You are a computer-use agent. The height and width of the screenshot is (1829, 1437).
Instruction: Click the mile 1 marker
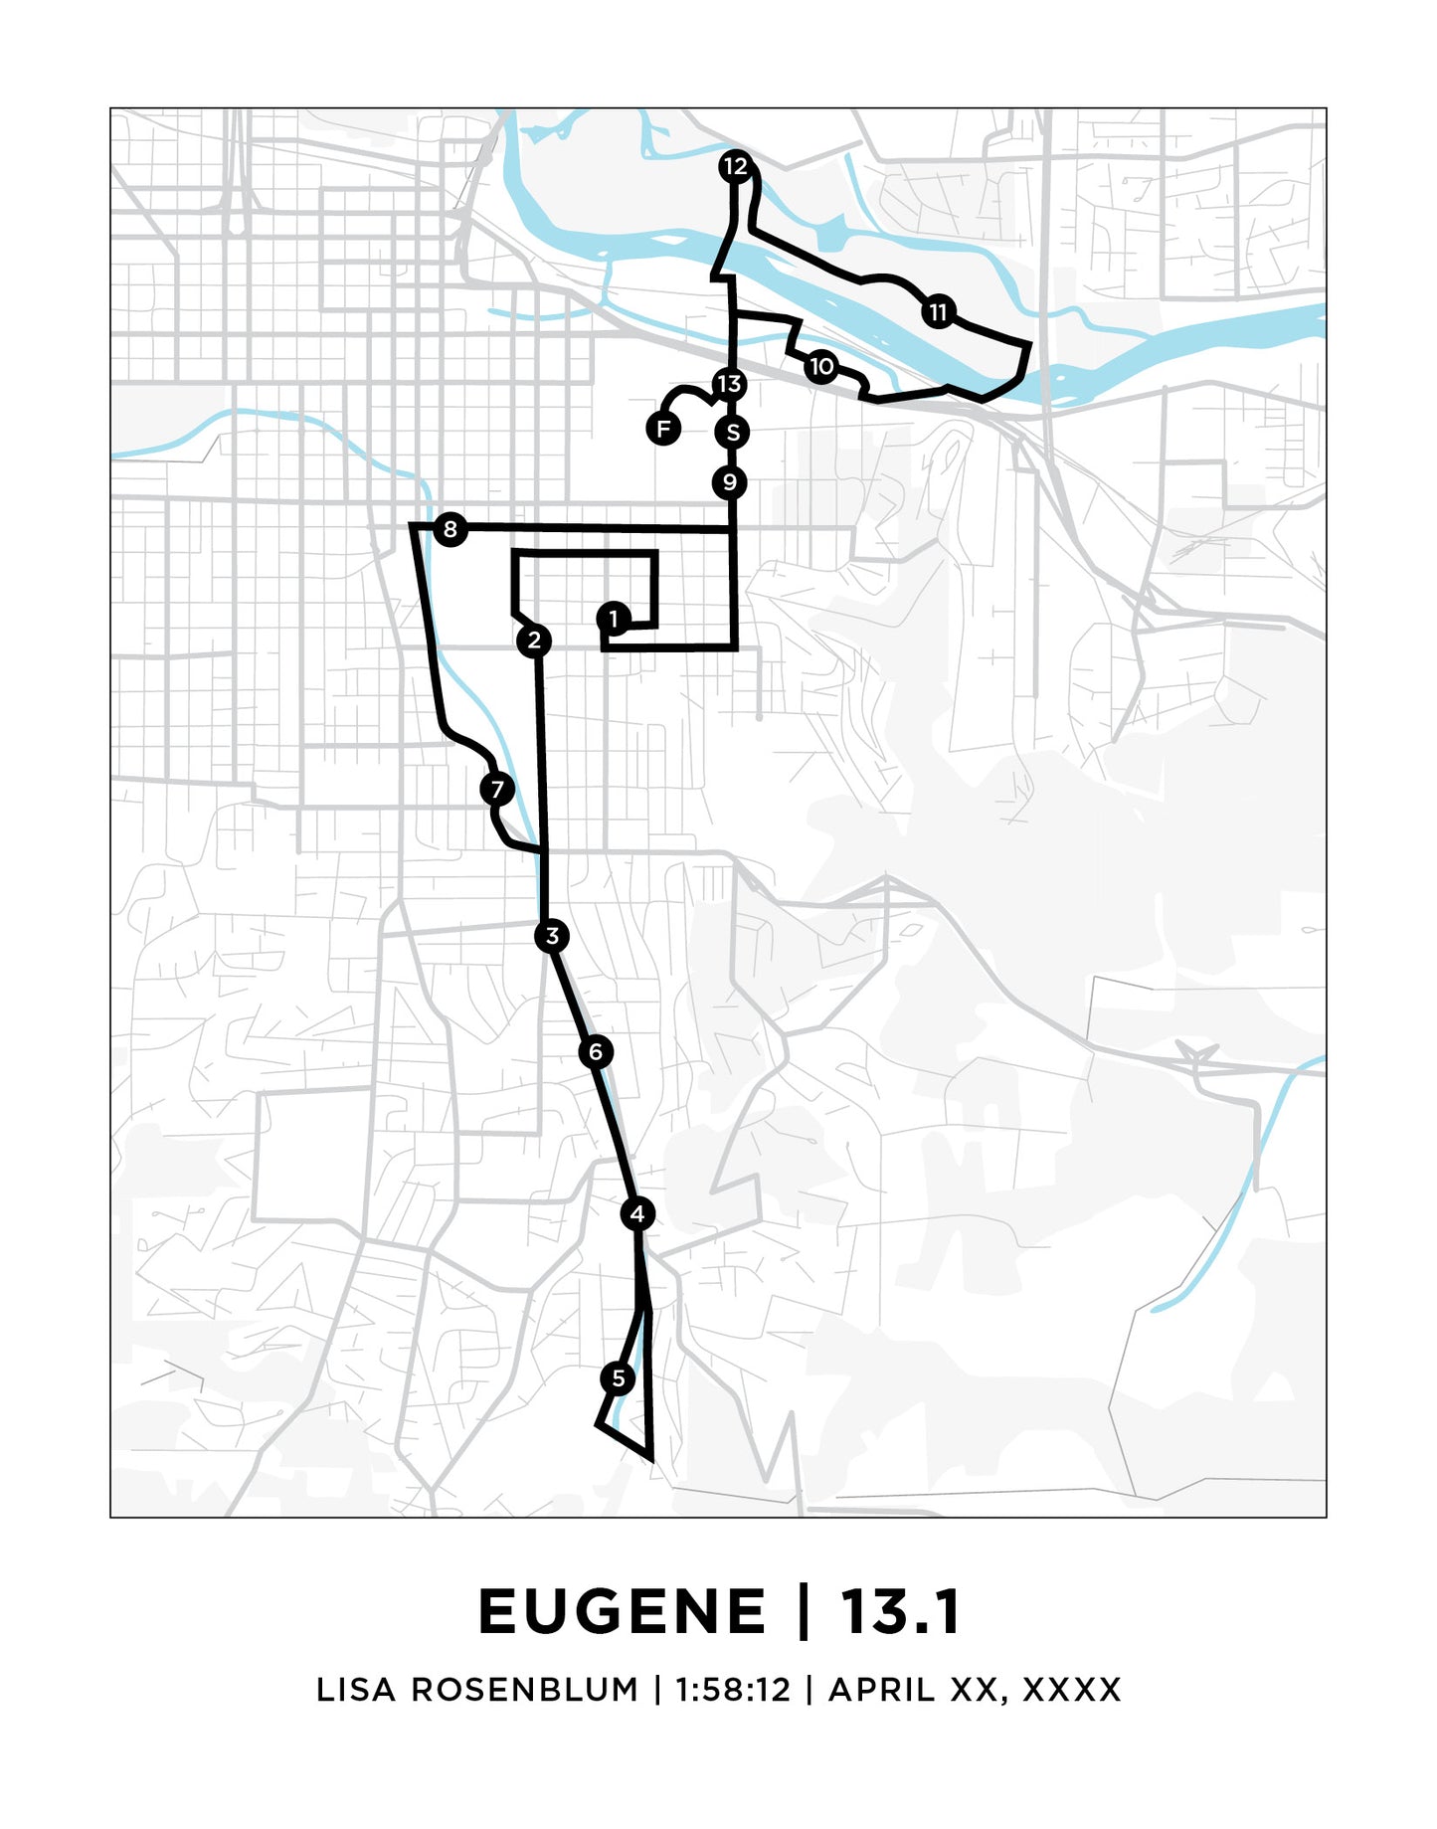click(x=614, y=619)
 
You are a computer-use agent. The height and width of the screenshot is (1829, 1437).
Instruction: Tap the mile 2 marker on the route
click(x=534, y=640)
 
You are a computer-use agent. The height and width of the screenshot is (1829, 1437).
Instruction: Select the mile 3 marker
click(x=552, y=936)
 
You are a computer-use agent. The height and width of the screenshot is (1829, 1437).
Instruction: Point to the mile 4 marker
click(x=637, y=1213)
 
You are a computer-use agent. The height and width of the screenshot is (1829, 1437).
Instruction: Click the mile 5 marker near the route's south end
click(x=618, y=1378)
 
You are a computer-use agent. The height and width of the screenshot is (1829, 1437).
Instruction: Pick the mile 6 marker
click(x=596, y=1051)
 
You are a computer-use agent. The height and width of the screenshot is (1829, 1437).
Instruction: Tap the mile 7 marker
click(x=497, y=790)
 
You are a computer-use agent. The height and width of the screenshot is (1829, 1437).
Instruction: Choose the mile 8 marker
click(x=450, y=529)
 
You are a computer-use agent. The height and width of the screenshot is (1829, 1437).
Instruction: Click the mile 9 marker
click(x=730, y=482)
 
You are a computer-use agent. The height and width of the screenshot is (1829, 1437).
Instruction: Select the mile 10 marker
click(x=821, y=367)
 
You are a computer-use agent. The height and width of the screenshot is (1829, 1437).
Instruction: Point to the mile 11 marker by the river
click(x=938, y=312)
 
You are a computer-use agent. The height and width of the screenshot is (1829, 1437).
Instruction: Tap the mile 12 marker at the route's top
click(x=735, y=166)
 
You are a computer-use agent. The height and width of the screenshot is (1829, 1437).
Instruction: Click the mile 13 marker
click(x=729, y=384)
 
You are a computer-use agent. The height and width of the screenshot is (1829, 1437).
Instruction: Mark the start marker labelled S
click(x=732, y=433)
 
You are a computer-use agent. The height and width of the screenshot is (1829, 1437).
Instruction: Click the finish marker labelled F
click(x=663, y=429)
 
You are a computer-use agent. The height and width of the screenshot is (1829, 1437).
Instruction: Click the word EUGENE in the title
click(x=623, y=1612)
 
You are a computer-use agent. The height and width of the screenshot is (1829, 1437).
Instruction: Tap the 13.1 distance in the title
click(x=900, y=1612)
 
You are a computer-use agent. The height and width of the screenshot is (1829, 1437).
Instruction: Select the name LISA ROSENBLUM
click(x=477, y=1690)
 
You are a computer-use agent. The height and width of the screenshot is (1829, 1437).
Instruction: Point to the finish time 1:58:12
click(x=733, y=1690)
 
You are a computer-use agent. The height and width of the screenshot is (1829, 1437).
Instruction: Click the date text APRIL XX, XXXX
click(x=975, y=1690)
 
